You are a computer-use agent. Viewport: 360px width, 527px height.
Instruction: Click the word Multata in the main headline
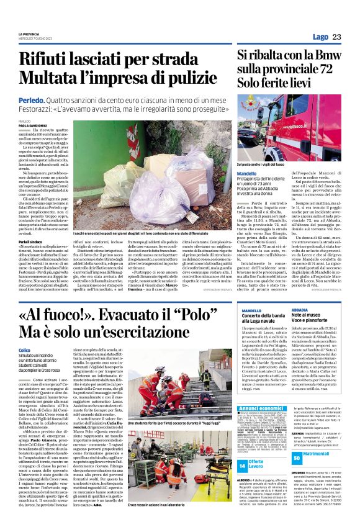pos(52,78)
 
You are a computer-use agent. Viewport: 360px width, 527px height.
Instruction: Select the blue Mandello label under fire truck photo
pos(247,173)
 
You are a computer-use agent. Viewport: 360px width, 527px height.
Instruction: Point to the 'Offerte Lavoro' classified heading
pos(258,466)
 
